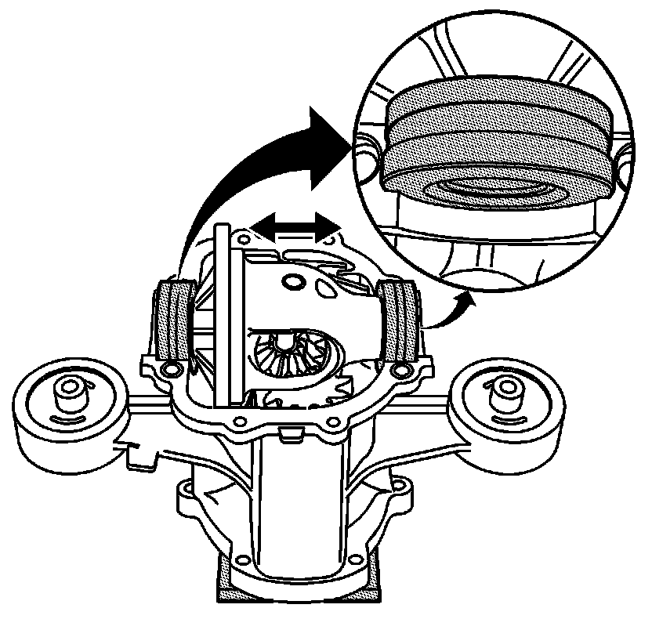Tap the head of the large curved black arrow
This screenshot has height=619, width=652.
point(325,145)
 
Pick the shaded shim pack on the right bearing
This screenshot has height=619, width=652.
point(400,321)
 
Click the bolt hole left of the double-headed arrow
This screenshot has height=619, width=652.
point(242,235)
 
